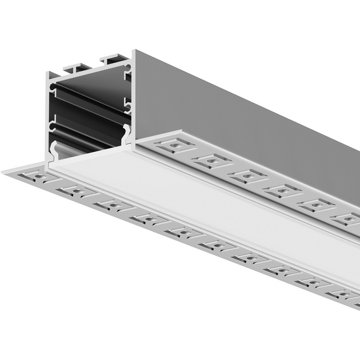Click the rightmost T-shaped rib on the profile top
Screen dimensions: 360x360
tap(115, 59)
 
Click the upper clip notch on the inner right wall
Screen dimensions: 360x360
tap(127, 75)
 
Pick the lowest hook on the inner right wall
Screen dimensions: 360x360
tap(126, 133)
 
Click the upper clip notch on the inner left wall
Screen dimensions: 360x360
tap(53, 93)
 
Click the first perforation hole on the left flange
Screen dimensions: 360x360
tap(32, 178)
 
